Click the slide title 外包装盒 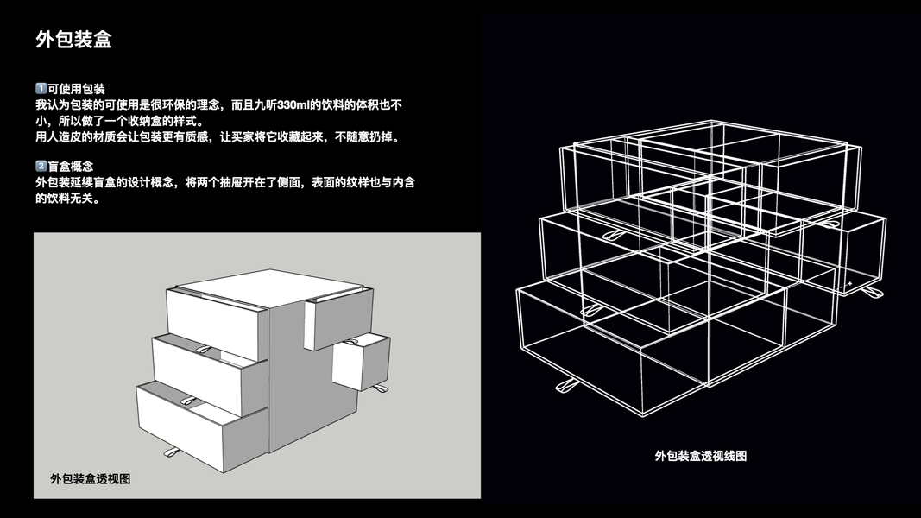pos(73,40)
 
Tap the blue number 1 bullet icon pos(41,89)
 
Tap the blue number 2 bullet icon pos(41,166)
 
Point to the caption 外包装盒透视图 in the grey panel pos(91,478)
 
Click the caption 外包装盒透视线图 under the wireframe pos(700,455)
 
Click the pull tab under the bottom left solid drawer pos(170,452)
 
